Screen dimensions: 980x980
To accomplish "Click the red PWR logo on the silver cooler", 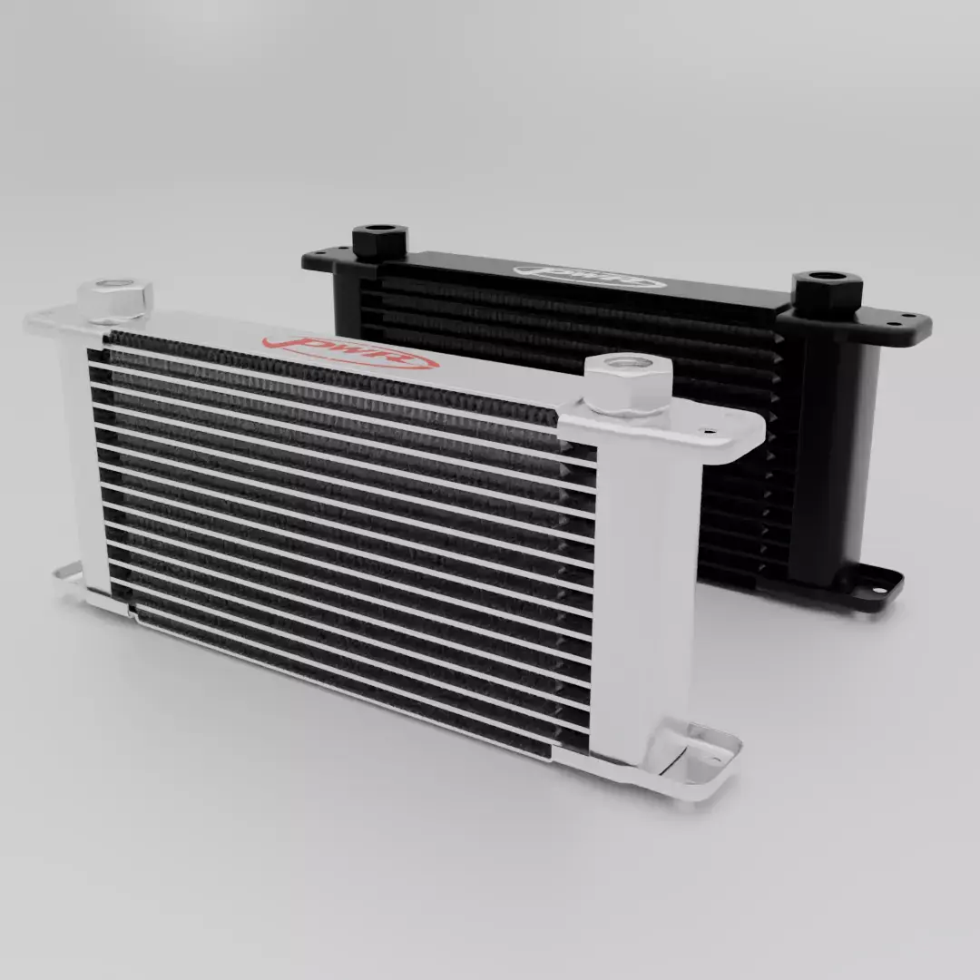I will point(349,353).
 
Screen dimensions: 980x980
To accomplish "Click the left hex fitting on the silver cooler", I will point(115,299).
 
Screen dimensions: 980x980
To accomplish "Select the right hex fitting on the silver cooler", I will point(628,385).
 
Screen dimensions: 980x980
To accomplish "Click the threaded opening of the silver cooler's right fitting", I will point(628,367).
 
